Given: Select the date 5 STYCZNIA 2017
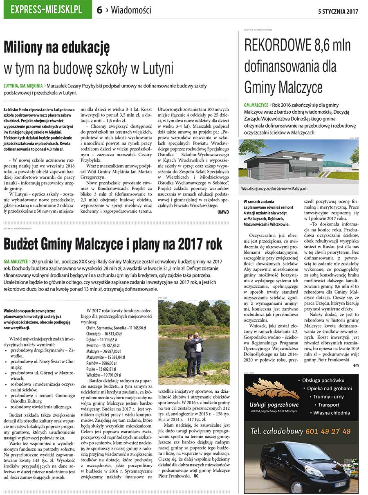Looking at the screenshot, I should click(x=338, y=11).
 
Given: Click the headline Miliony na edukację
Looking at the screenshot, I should click(x=56, y=48).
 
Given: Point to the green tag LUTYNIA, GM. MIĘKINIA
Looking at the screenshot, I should click(x=23, y=86).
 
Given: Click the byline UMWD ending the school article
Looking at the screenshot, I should click(x=223, y=212).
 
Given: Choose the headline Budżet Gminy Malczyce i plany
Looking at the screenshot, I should click(x=113, y=244).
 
